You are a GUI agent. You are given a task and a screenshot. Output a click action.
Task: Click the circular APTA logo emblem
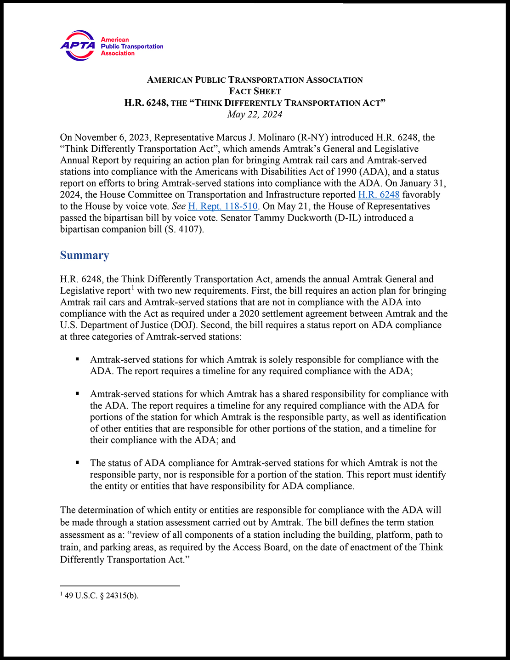pyautogui.click(x=78, y=46)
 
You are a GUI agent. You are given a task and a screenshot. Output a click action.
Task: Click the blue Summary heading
pyautogui.click(x=85, y=256)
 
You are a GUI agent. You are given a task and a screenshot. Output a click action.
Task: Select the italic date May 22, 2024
pyautogui.click(x=255, y=114)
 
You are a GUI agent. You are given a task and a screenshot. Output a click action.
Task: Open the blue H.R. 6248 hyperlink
pyautogui.click(x=379, y=195)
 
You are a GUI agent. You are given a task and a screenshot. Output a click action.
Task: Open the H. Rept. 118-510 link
pyautogui.click(x=223, y=206)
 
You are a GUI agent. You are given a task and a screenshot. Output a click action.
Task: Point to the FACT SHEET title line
pyautogui.click(x=255, y=91)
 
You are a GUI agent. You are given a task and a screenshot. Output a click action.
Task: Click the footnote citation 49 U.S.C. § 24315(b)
pyautogui.click(x=102, y=596)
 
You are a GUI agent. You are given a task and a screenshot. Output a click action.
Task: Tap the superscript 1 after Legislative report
pyautogui.click(x=133, y=288)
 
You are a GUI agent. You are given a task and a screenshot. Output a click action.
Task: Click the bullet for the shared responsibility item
pyautogui.click(x=78, y=393)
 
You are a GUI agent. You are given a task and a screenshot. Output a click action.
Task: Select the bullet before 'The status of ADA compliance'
pyautogui.click(x=78, y=462)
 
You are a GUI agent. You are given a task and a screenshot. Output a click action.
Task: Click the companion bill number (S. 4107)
pyautogui.click(x=183, y=229)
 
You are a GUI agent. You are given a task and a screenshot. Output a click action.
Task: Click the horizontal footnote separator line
pyautogui.click(x=119, y=586)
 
